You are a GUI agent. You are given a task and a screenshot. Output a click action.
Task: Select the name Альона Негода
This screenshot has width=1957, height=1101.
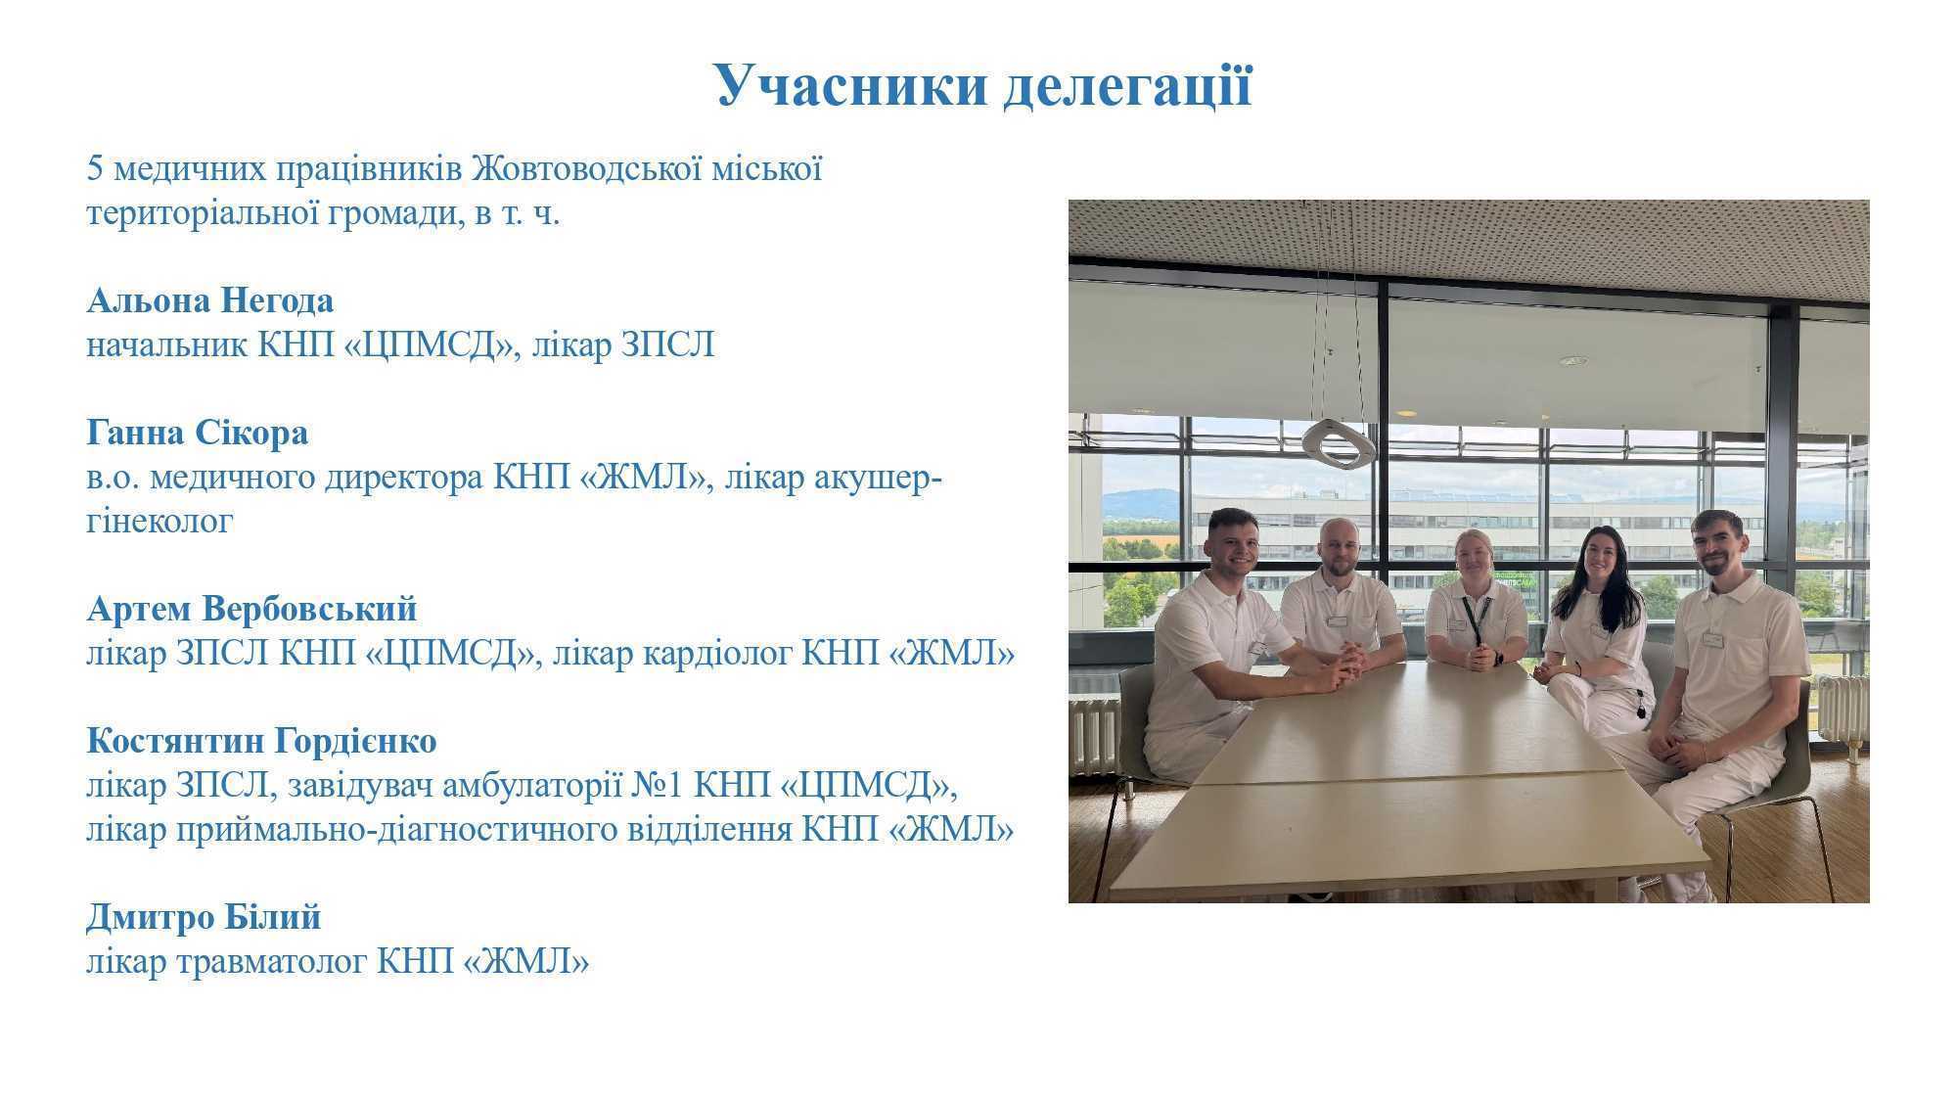coord(210,300)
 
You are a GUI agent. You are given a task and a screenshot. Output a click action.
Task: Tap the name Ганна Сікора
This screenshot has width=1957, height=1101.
coord(198,433)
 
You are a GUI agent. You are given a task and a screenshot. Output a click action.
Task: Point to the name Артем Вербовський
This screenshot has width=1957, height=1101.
coord(251,609)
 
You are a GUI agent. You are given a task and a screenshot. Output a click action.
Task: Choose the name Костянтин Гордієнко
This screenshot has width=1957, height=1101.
coord(261,741)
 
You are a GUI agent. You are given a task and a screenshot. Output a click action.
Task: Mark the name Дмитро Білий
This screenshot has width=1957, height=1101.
coord(204,917)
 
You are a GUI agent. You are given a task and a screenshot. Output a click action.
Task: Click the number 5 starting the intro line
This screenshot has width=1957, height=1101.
coord(95,169)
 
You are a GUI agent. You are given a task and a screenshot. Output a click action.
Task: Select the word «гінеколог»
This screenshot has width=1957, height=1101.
coord(159,522)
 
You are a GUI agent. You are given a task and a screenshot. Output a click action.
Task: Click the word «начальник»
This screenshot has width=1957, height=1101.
coord(166,344)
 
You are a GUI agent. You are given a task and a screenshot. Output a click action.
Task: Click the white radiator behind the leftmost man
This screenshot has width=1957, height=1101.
coord(1093,736)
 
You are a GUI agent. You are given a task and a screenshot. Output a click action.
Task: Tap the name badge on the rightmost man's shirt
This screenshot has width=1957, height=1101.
coord(1712,640)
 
